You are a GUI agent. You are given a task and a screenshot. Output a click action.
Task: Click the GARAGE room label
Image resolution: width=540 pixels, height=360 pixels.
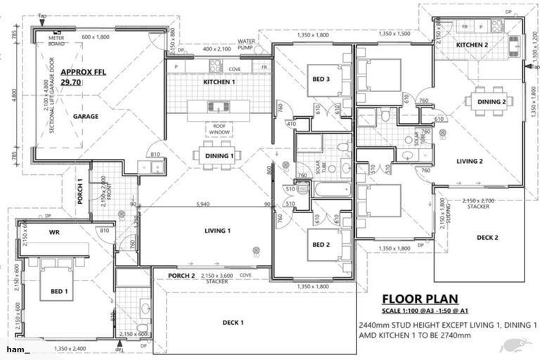pyautogui.click(x=86, y=116)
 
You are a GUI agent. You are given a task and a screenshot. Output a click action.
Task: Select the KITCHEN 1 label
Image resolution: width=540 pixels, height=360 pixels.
pyautogui.click(x=218, y=83)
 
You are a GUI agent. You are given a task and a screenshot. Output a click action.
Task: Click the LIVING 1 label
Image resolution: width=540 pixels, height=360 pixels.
pyautogui.click(x=217, y=231)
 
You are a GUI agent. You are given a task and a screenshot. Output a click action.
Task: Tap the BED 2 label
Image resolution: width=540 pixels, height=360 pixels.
pyautogui.click(x=321, y=245)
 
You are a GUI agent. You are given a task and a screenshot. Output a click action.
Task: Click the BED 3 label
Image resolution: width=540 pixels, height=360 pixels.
pyautogui.click(x=321, y=79)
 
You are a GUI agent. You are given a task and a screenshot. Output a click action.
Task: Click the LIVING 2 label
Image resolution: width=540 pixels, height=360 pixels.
pyautogui.click(x=469, y=161)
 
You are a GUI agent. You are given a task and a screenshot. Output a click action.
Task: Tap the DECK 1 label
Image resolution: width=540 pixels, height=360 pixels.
pyautogui.click(x=233, y=322)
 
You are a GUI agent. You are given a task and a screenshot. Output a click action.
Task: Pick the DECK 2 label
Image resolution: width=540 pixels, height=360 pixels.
pyautogui.click(x=487, y=238)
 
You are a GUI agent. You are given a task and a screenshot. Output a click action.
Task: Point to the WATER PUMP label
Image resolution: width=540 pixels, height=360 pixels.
pyautogui.click(x=246, y=44)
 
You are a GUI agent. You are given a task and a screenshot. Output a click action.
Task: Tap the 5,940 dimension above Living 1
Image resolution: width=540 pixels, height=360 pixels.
pyautogui.click(x=205, y=205)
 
